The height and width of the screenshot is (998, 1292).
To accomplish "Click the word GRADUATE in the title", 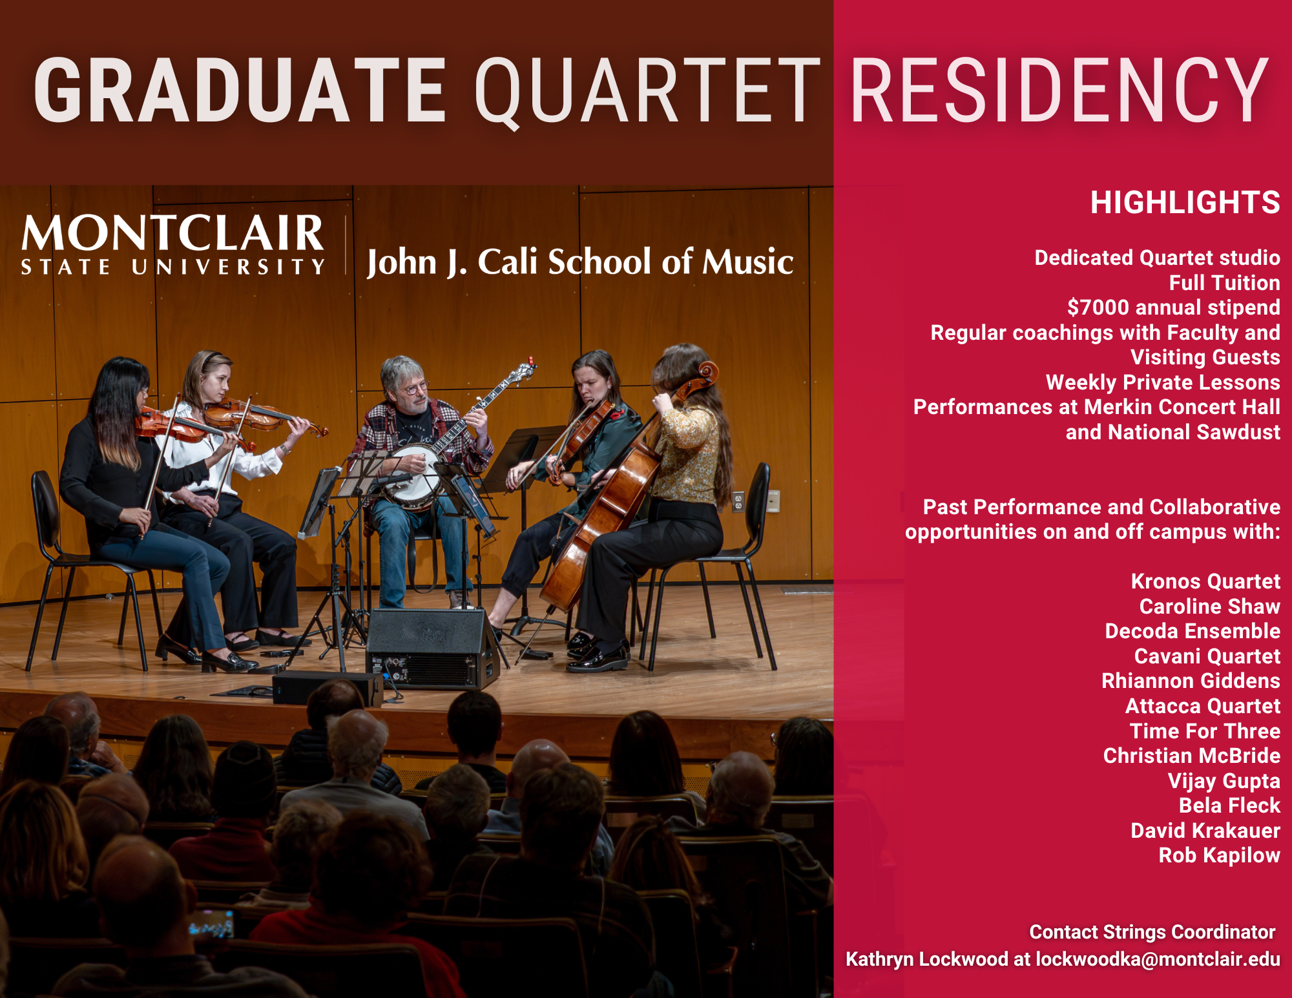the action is [x=240, y=90].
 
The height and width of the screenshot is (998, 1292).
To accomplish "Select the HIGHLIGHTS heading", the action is [x=1185, y=202].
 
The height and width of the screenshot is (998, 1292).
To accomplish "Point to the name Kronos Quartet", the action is [x=1205, y=581].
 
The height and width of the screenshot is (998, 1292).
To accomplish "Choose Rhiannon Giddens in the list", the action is [x=1191, y=681].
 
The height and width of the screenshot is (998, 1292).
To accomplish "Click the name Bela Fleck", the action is [x=1229, y=806].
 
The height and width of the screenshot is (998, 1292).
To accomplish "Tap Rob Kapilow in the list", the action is [x=1219, y=855].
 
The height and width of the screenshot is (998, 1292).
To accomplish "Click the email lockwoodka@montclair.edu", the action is [x=1158, y=959].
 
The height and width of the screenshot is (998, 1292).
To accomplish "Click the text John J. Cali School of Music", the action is [x=580, y=262].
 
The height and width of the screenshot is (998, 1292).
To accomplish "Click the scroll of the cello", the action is [x=706, y=373].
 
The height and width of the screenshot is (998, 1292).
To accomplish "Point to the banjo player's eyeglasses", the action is [x=413, y=388].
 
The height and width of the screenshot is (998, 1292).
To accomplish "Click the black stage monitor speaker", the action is [x=432, y=649].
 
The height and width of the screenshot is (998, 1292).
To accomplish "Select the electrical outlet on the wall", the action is [x=738, y=502].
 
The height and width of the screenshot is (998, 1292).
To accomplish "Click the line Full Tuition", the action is [x=1224, y=283].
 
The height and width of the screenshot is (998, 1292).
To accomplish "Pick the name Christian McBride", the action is [x=1191, y=756].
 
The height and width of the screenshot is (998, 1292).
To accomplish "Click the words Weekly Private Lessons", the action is [x=1163, y=382].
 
